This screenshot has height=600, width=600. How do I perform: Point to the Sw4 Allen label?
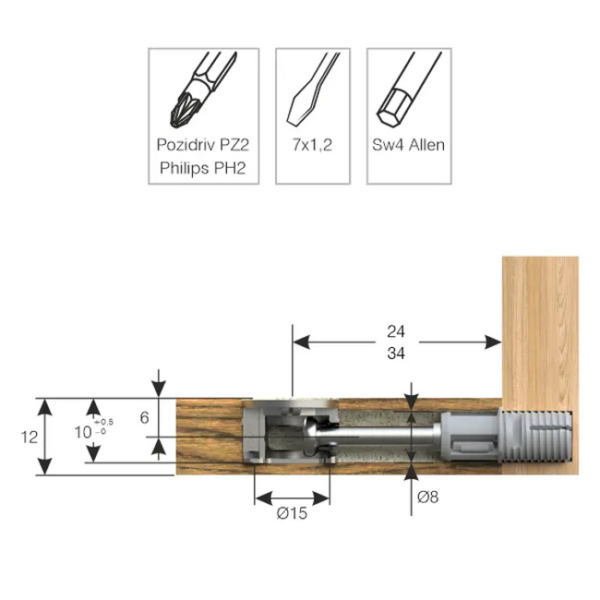406,145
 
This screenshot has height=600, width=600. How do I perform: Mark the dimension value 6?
144,417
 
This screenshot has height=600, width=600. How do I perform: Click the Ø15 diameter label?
293,512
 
